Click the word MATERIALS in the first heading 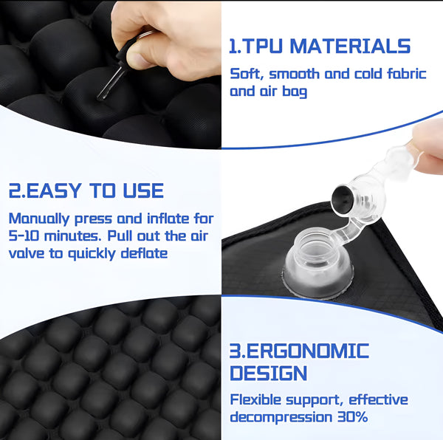pyautogui.click(x=350, y=46)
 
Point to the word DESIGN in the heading pyautogui.click(x=269, y=373)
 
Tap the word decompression pyautogui.click(x=281, y=418)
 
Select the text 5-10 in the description pyautogui.click(x=24, y=236)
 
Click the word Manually pyautogui.click(x=38, y=219)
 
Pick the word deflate pyautogui.click(x=145, y=253)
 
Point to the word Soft pyautogui.click(x=247, y=74)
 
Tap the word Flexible pyautogui.click(x=255, y=400)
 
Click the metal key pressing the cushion pyautogui.click(x=112, y=83)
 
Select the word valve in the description pyautogui.click(x=26, y=253)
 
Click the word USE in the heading pyautogui.click(x=143, y=190)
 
